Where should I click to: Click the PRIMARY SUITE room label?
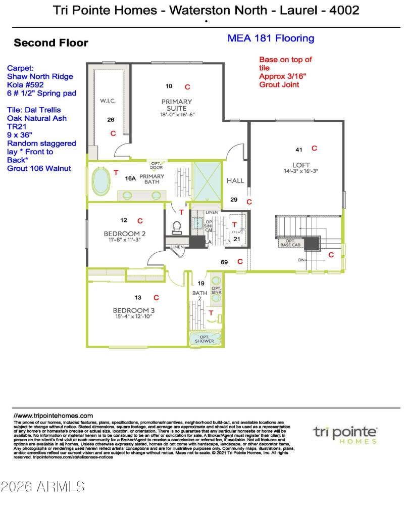[x=177, y=105]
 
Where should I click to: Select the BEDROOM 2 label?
[x=125, y=234]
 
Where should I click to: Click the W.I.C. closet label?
[x=108, y=101]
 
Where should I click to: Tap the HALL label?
[x=235, y=180]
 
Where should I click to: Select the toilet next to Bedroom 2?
[x=177, y=228]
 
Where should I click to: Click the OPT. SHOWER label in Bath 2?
[x=204, y=339]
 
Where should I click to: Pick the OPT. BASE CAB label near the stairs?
[x=290, y=244]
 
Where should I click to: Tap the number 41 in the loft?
[x=299, y=149]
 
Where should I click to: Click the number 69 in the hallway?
[x=225, y=262]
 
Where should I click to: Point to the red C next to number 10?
[x=187, y=86]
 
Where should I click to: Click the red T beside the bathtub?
[x=116, y=173]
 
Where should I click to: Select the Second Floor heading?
[x=51, y=43]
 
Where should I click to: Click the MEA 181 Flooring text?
[x=271, y=38]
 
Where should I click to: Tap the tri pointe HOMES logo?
[x=345, y=434]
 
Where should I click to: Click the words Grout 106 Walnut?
[x=38, y=168]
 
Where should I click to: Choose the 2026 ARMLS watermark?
[x=43, y=487]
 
